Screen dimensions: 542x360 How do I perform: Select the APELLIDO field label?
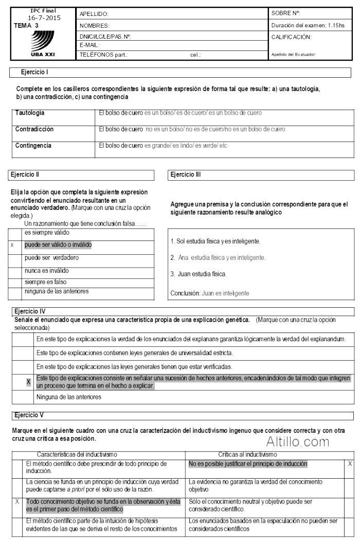point(94,13)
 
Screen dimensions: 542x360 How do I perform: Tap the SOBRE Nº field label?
point(285,13)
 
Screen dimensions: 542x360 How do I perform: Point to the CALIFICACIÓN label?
point(291,37)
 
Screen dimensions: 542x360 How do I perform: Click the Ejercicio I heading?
point(35,73)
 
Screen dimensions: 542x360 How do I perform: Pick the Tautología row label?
point(30,112)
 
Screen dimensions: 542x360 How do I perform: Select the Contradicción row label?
point(34,129)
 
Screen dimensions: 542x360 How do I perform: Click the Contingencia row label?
point(33,146)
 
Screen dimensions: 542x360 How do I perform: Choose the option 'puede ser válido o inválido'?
point(58,245)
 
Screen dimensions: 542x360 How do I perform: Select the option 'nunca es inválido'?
point(47,270)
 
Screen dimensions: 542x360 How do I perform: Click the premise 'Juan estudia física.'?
point(200,274)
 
